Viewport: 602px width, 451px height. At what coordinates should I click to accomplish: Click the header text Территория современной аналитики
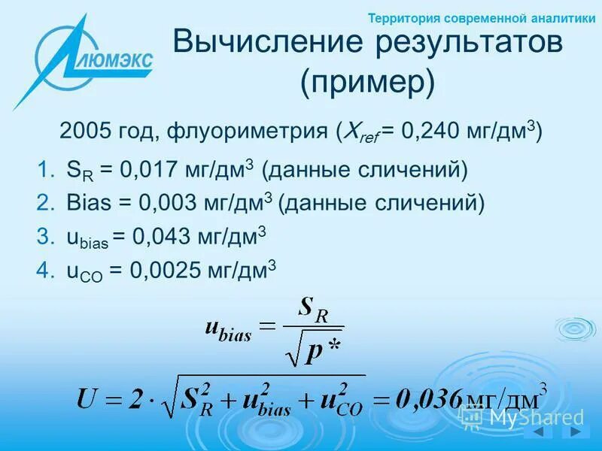coord(482,18)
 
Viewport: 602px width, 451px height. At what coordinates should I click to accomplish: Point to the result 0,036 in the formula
coord(426,396)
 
